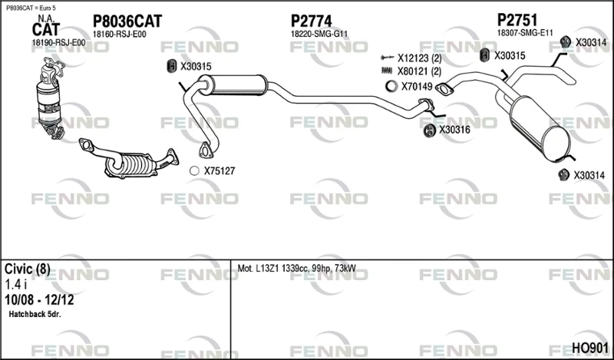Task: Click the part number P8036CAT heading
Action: tap(127, 21)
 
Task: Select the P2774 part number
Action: tap(312, 21)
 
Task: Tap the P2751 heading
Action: tap(517, 20)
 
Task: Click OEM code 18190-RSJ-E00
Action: tap(58, 43)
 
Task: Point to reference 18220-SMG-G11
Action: tap(319, 34)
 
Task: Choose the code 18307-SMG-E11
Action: tap(525, 33)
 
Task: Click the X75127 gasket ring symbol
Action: tap(194, 171)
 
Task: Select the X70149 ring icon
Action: tap(391, 86)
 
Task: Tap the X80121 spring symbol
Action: tap(387, 71)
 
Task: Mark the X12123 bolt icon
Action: tap(387, 58)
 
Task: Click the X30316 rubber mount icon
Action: tap(430, 130)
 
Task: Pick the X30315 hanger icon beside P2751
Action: tap(485, 55)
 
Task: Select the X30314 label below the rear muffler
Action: tap(589, 176)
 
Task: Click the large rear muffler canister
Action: tap(540, 128)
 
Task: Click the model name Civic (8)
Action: tap(28, 269)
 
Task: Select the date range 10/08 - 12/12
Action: tap(39, 300)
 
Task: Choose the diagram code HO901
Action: tap(590, 348)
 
